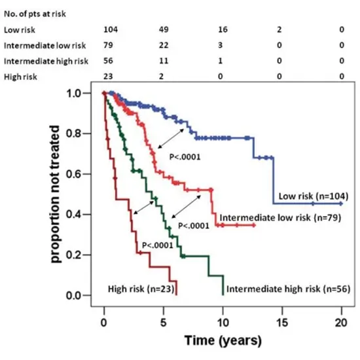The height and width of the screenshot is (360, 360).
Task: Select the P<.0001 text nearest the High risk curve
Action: [158, 246]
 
